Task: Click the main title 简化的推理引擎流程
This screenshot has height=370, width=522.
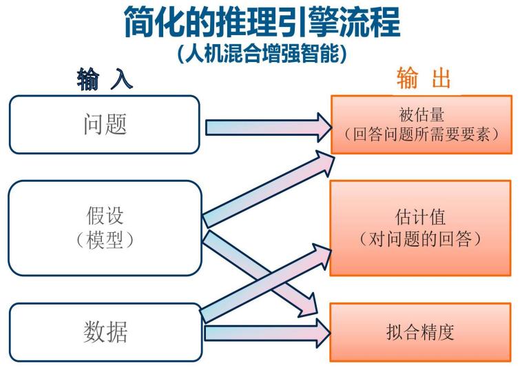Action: point(261,22)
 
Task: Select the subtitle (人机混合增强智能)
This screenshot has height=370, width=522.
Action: point(261,54)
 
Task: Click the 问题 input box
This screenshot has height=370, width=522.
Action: point(104,124)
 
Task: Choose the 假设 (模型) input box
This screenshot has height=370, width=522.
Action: point(104,227)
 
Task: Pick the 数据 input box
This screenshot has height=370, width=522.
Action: point(104,332)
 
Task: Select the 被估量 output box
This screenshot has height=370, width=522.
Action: point(421,124)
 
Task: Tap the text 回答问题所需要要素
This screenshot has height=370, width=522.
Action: point(421,134)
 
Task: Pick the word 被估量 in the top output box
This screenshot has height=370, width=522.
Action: point(421,114)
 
